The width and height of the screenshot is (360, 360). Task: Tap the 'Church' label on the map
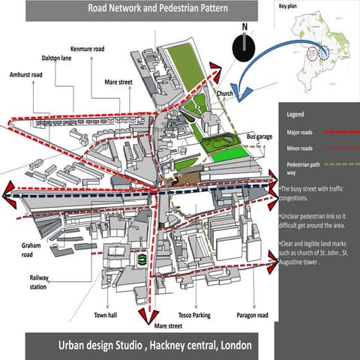(x=226, y=94)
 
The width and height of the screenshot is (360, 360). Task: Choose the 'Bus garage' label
(x=259, y=136)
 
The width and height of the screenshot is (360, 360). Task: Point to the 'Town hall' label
(x=106, y=315)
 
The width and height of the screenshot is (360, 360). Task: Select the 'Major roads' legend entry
(x=300, y=132)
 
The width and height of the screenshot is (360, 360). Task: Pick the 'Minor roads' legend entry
(x=300, y=148)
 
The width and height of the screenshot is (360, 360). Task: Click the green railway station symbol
(x=139, y=259)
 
